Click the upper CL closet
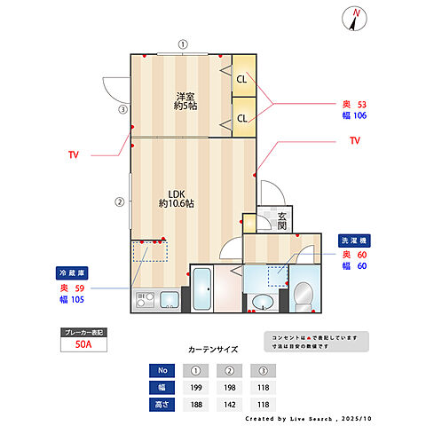click(x=241, y=80)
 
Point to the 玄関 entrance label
click(x=282, y=222)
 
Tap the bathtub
click(x=201, y=290)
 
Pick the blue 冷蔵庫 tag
click(x=72, y=272)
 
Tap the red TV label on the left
click(x=73, y=154)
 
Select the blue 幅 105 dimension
click(x=73, y=300)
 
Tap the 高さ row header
click(x=161, y=403)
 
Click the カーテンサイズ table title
click(x=213, y=350)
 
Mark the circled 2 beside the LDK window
click(x=119, y=201)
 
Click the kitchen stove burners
click(x=144, y=303)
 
